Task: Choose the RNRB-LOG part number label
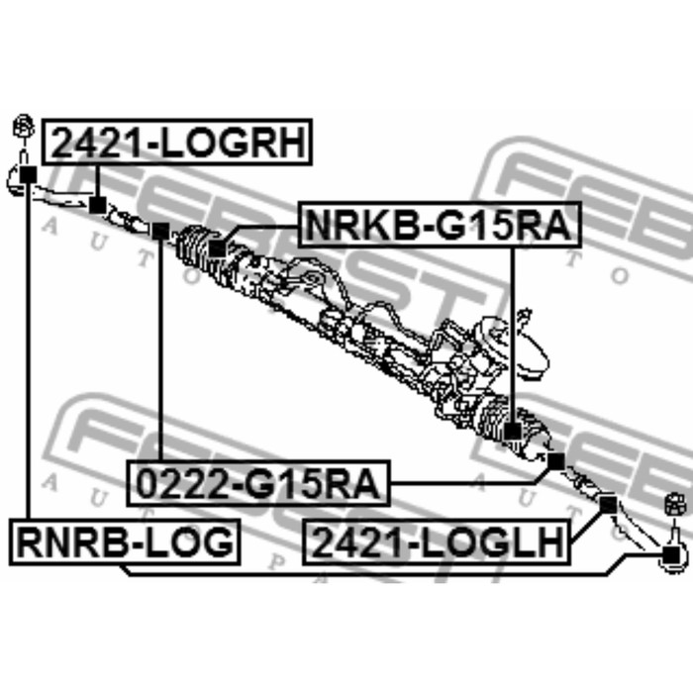pyautogui.click(x=124, y=542)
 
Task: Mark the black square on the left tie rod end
pyautogui.click(x=27, y=175)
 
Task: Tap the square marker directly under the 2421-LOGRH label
pyautogui.click(x=97, y=205)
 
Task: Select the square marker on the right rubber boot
pyautogui.click(x=512, y=431)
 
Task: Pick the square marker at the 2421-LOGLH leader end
pyautogui.click(x=608, y=503)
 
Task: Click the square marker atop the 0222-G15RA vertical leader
pyautogui.click(x=160, y=231)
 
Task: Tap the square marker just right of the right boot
pyautogui.click(x=555, y=460)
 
